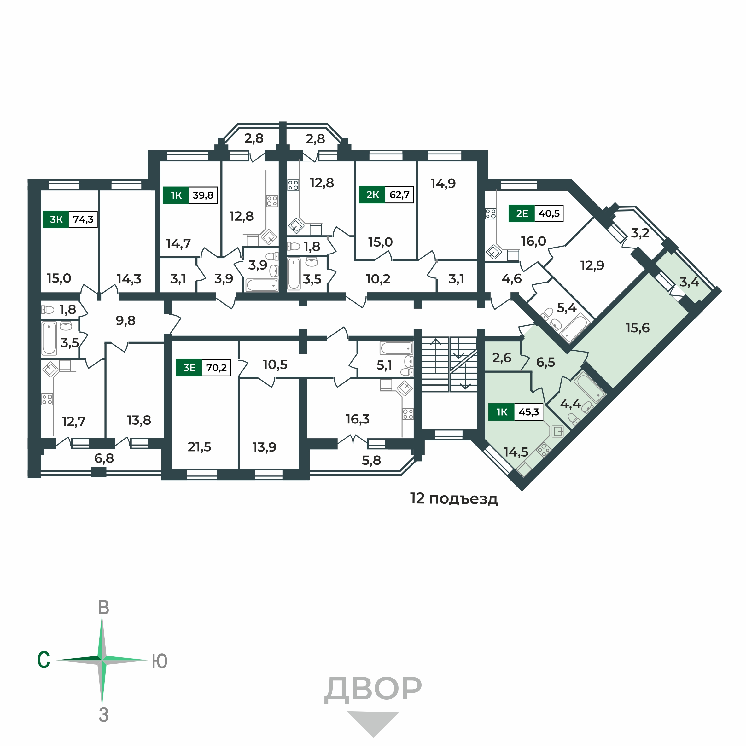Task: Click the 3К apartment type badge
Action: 56,220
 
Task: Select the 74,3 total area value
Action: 83,220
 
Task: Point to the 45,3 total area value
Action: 529,412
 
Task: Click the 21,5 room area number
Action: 199,447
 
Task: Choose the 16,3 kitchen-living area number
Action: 358,419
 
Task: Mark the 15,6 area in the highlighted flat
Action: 638,328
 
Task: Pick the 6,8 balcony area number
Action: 104,458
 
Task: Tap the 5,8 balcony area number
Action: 371,460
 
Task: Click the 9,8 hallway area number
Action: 125,320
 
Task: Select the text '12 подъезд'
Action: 454,499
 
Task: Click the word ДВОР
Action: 373,689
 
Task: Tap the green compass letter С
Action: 44,660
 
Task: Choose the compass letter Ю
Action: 160,661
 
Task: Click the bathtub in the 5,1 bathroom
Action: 397,348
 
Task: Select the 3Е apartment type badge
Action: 189,368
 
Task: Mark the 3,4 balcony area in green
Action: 689,282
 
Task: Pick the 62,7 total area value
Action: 399,195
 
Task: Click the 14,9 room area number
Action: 443,184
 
